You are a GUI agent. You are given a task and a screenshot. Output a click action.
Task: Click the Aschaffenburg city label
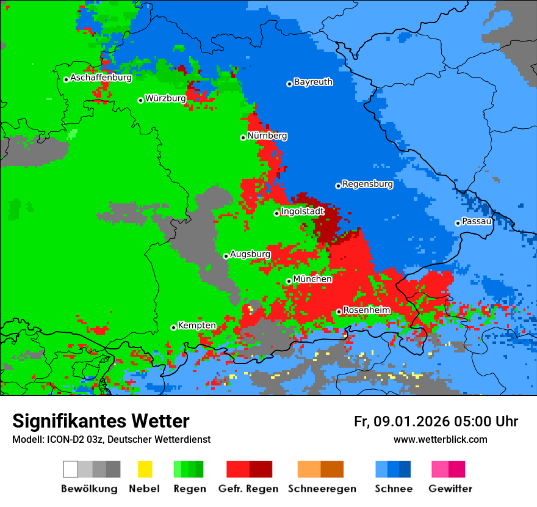101,78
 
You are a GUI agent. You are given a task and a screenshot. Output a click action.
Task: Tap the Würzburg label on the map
165,98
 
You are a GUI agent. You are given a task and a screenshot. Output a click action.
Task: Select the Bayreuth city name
313,82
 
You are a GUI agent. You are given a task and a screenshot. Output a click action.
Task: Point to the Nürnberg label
267,136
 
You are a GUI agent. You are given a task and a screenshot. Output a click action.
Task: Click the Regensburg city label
367,184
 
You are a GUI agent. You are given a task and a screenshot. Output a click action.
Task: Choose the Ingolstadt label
303,212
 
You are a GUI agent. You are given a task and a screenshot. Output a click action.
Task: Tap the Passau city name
477,221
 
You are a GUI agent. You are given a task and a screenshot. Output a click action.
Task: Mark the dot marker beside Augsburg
226,256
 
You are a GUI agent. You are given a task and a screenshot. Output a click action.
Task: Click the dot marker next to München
289,281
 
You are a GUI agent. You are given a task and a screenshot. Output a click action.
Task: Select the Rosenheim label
367,310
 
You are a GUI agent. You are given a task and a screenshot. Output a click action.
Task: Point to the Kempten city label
196,326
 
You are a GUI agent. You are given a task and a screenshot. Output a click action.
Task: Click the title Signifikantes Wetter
101,421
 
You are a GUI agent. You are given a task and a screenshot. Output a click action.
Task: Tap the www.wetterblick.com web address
440,439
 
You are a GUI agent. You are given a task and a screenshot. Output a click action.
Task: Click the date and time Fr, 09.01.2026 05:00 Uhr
436,421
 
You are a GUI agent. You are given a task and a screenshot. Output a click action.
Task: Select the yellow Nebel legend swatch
145,469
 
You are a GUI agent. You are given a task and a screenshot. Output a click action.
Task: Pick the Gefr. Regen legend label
248,489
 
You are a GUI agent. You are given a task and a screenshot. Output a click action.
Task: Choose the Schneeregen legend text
322,489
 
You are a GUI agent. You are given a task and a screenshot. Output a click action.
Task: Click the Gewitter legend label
450,489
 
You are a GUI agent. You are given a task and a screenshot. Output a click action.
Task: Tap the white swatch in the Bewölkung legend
70,469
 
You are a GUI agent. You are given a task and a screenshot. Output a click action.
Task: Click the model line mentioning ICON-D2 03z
111,439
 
